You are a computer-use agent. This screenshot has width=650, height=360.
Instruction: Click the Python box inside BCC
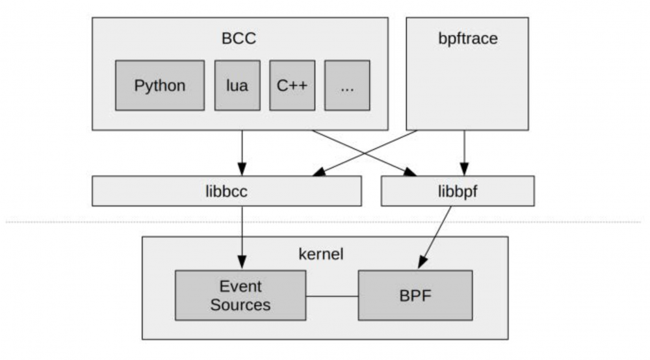160,85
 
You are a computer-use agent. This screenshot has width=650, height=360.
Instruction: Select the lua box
237,85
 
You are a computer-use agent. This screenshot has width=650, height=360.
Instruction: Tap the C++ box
292,85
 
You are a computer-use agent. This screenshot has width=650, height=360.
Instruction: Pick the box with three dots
347,85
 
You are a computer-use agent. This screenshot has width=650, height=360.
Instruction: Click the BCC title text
239,38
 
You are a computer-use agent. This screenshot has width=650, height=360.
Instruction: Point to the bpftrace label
467,38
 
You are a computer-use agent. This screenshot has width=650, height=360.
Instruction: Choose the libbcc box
226,191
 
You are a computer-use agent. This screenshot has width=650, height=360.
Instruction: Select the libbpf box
457,191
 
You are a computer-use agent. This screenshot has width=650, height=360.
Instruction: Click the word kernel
321,254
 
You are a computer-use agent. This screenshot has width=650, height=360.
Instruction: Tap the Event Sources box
240,296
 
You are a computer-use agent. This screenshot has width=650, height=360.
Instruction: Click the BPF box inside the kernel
415,296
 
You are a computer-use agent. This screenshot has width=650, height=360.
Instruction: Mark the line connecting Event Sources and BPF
331,296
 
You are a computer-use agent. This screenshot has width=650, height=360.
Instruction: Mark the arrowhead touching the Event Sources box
242,264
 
